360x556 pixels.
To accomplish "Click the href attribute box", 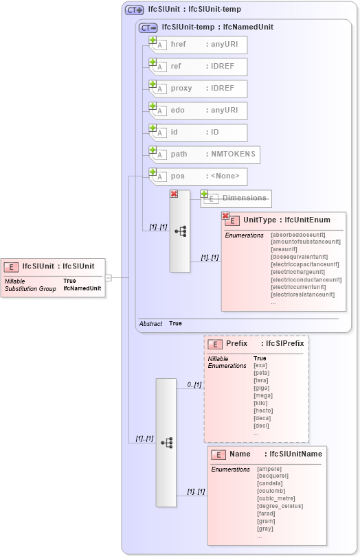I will click(199, 45).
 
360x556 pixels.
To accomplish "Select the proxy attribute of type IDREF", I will click(199, 89).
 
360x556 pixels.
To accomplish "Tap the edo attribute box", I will click(199, 111).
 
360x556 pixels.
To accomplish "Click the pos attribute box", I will click(199, 176).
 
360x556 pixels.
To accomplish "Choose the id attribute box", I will click(199, 132).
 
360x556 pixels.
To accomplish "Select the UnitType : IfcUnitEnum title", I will click(287, 220).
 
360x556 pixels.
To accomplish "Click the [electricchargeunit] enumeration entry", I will click(301, 272).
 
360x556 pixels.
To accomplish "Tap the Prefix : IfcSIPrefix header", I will click(265, 343).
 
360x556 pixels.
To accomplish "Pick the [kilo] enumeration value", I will click(261, 403).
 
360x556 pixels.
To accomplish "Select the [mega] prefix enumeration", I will click(262, 395).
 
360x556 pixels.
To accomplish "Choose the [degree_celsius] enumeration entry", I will click(280, 506).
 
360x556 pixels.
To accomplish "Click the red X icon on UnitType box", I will click(225, 216).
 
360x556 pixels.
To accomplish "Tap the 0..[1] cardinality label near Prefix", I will click(194, 385).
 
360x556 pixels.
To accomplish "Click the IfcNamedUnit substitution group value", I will click(82, 288).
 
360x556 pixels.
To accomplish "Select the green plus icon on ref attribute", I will click(153, 62).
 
